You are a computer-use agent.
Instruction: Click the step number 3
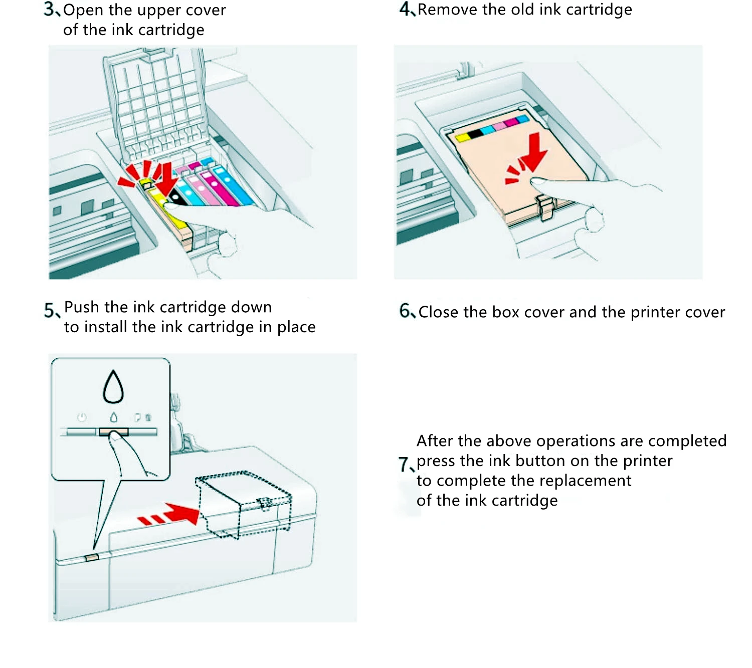click(x=49, y=9)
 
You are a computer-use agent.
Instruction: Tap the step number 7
click(x=403, y=464)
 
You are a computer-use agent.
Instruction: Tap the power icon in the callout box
click(x=82, y=417)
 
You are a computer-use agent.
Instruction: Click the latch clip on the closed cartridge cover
click(x=545, y=206)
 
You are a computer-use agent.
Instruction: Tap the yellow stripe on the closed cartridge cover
click(x=462, y=137)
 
